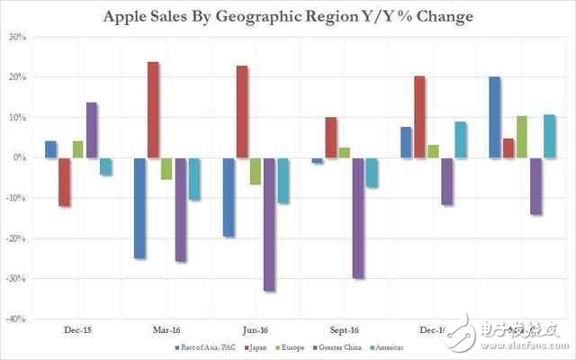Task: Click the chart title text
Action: [288, 15]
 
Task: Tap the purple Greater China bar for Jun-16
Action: [269, 224]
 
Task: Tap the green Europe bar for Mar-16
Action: [166, 168]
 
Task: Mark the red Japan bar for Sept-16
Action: [331, 138]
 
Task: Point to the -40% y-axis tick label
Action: [17, 319]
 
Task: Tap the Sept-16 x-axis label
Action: [345, 331]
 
